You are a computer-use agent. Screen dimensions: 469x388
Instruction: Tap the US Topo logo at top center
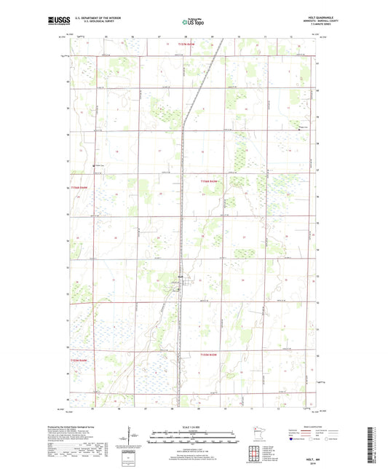pos(192,23)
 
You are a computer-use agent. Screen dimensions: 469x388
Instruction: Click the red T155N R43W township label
pos(209,354)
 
